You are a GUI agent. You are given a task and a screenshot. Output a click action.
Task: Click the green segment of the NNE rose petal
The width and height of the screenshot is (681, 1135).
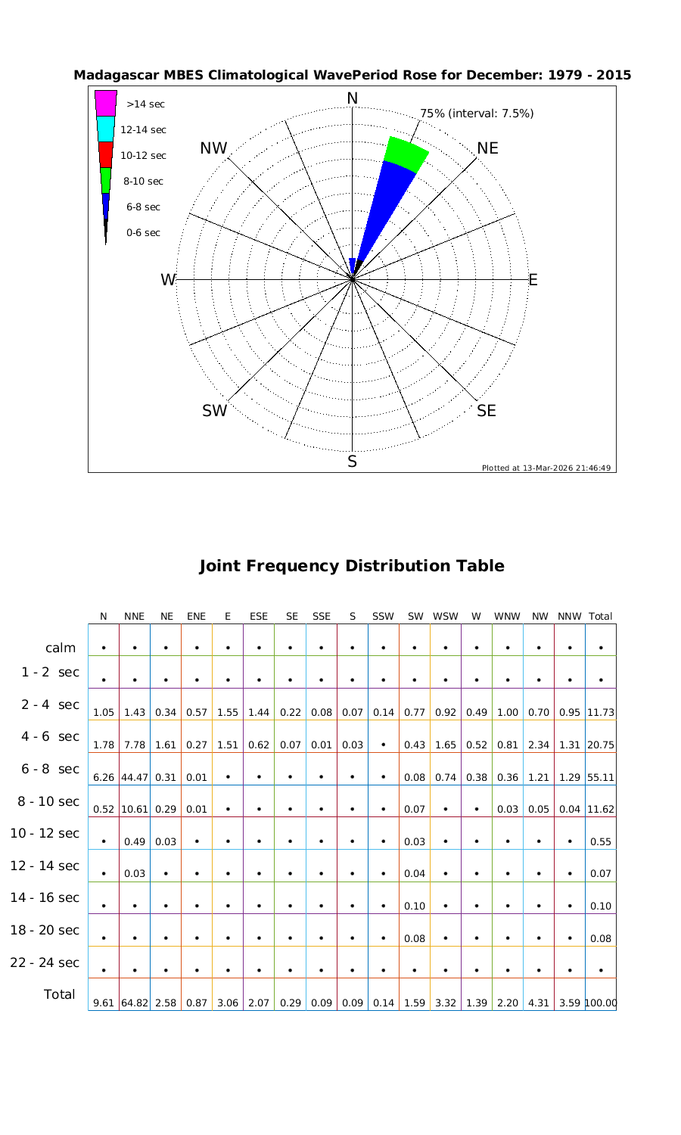coord(406,155)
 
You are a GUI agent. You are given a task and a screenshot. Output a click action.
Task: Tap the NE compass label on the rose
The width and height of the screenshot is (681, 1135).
coord(488,148)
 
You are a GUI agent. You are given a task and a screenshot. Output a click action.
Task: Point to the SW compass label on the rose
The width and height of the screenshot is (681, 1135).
coord(215,411)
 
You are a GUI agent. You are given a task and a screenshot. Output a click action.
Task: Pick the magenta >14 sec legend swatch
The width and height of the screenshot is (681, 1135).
coord(106,103)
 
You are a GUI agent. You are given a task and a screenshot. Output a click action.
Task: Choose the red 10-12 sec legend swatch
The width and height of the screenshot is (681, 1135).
coord(106,154)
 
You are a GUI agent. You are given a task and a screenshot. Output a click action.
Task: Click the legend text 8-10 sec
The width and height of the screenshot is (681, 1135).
coord(143,182)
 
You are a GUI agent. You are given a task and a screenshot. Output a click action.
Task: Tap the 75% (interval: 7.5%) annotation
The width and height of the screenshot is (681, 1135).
coord(477,113)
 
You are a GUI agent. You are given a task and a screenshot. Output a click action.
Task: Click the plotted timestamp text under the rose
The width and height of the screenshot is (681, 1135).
coord(546,468)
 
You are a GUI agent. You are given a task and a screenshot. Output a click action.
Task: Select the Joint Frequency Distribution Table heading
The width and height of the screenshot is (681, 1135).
coord(351,566)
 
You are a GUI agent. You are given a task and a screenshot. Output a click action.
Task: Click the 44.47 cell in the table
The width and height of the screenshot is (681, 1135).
coord(134,777)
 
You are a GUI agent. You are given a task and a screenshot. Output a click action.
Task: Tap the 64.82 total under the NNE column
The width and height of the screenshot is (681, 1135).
coord(134,1003)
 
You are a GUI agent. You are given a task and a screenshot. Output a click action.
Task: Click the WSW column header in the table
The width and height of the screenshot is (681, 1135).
coord(446,616)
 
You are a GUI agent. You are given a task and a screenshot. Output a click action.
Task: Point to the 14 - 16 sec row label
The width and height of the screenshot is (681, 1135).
coord(45,897)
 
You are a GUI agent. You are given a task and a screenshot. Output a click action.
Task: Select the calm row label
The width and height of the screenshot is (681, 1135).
coord(61,648)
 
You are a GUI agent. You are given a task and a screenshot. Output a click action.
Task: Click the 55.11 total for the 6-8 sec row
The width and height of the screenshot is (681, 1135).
coord(601,777)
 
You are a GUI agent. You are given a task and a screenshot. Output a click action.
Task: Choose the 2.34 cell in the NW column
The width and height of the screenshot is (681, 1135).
coord(539,745)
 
